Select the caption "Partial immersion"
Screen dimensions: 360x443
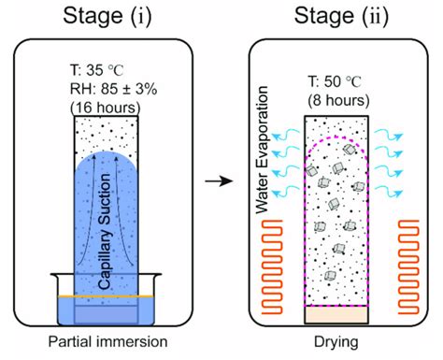tap(106, 339)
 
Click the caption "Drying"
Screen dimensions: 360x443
tap(336, 339)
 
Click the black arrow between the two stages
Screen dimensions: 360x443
tap(221, 177)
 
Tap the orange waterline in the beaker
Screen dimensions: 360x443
tap(106, 297)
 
